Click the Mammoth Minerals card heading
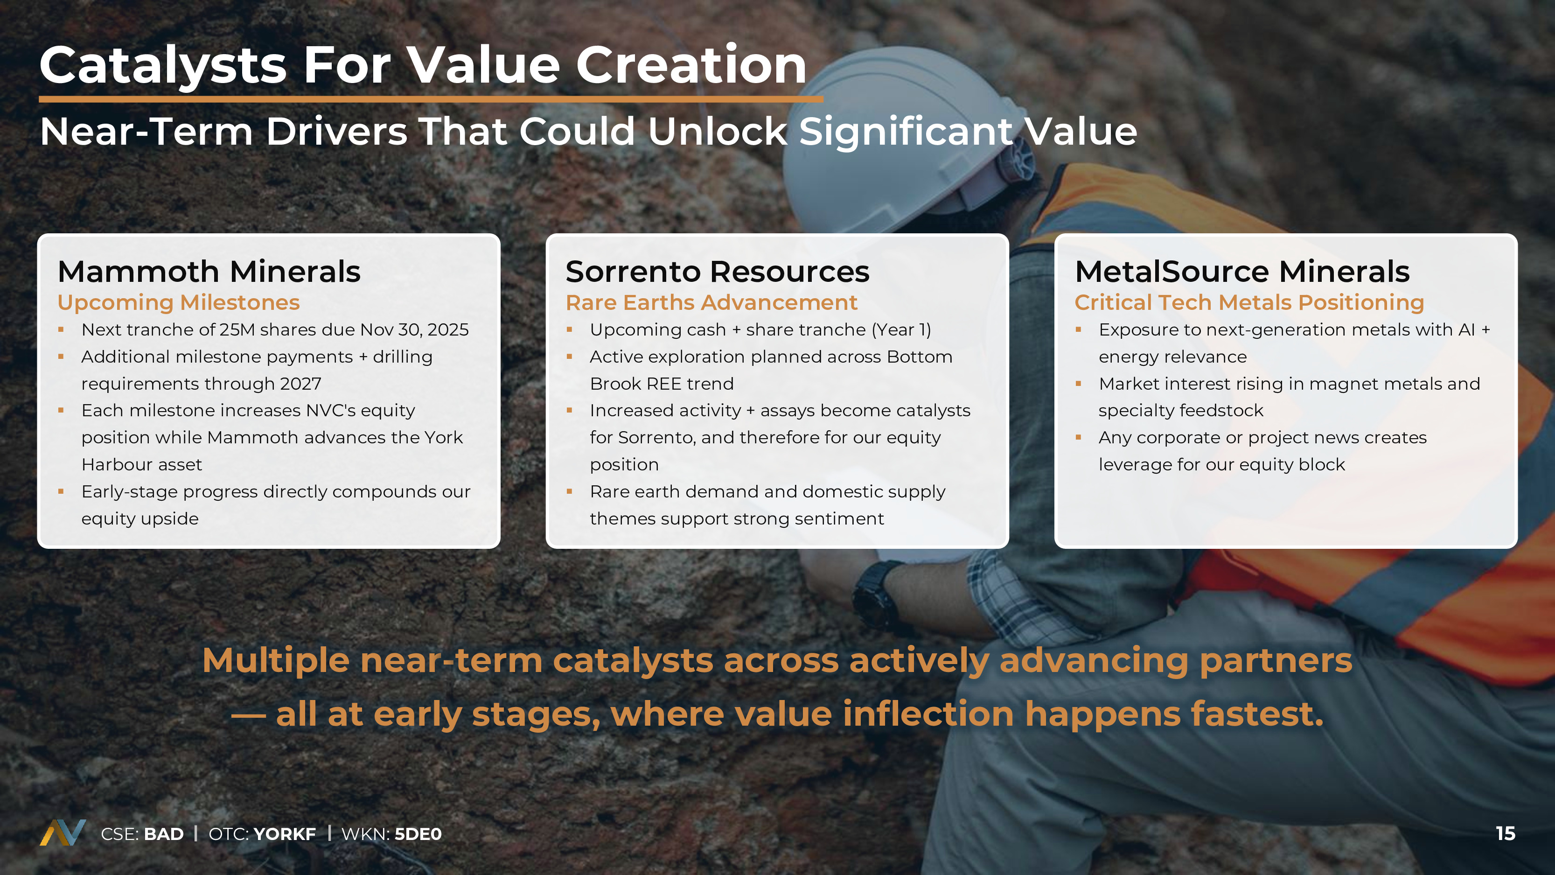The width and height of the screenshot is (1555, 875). [209, 271]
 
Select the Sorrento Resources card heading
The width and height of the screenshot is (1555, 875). [717, 271]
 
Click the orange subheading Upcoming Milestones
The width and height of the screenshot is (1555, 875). [179, 302]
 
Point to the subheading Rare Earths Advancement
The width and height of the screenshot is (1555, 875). [711, 302]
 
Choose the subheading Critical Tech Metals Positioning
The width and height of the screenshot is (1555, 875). [1249, 302]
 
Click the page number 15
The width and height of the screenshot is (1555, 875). [1506, 833]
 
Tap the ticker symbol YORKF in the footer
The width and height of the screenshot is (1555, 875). [284, 834]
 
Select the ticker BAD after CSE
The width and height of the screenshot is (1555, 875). [164, 834]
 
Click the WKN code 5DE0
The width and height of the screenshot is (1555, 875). [418, 834]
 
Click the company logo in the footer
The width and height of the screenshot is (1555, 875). [63, 833]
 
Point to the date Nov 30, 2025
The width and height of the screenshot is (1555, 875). [414, 330]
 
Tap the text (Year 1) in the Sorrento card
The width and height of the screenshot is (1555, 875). [901, 330]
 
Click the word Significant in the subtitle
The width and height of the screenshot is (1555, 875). [906, 132]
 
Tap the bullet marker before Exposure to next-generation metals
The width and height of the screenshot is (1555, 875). [1079, 330]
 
